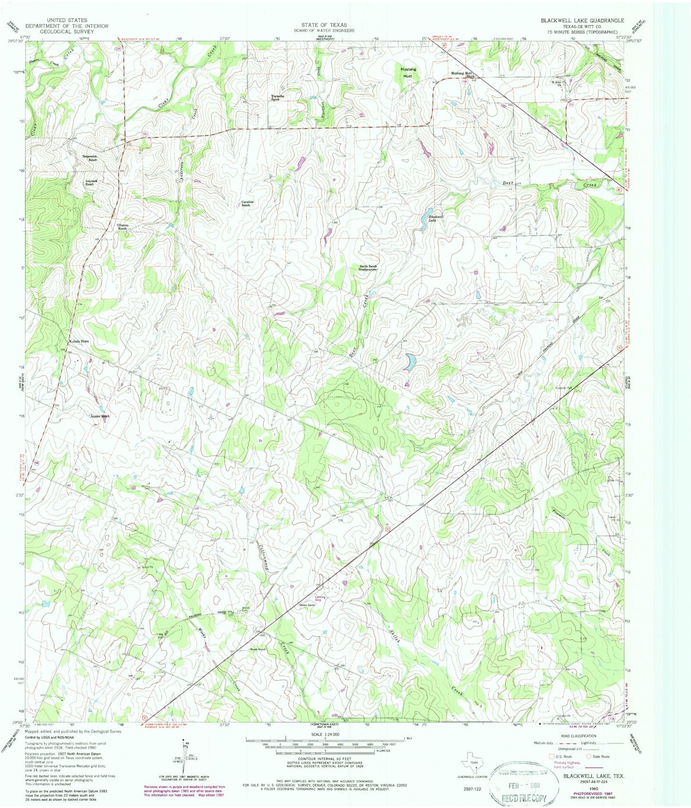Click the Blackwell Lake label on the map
point(432,218)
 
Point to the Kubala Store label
point(78,341)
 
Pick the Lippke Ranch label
point(101,416)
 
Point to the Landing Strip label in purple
point(321,598)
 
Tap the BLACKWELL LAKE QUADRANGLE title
point(582,21)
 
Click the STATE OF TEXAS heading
point(324,24)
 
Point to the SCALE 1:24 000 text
point(325,734)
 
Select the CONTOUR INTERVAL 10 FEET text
point(325,758)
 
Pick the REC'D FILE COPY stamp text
point(526,797)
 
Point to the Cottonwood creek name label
point(265,559)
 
